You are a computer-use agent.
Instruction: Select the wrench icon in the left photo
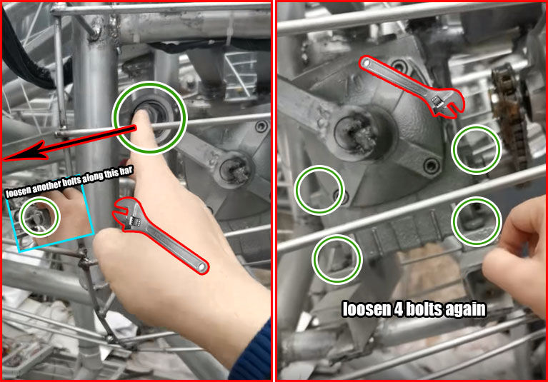(159, 235)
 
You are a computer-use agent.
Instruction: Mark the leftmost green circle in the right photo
(317, 189)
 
